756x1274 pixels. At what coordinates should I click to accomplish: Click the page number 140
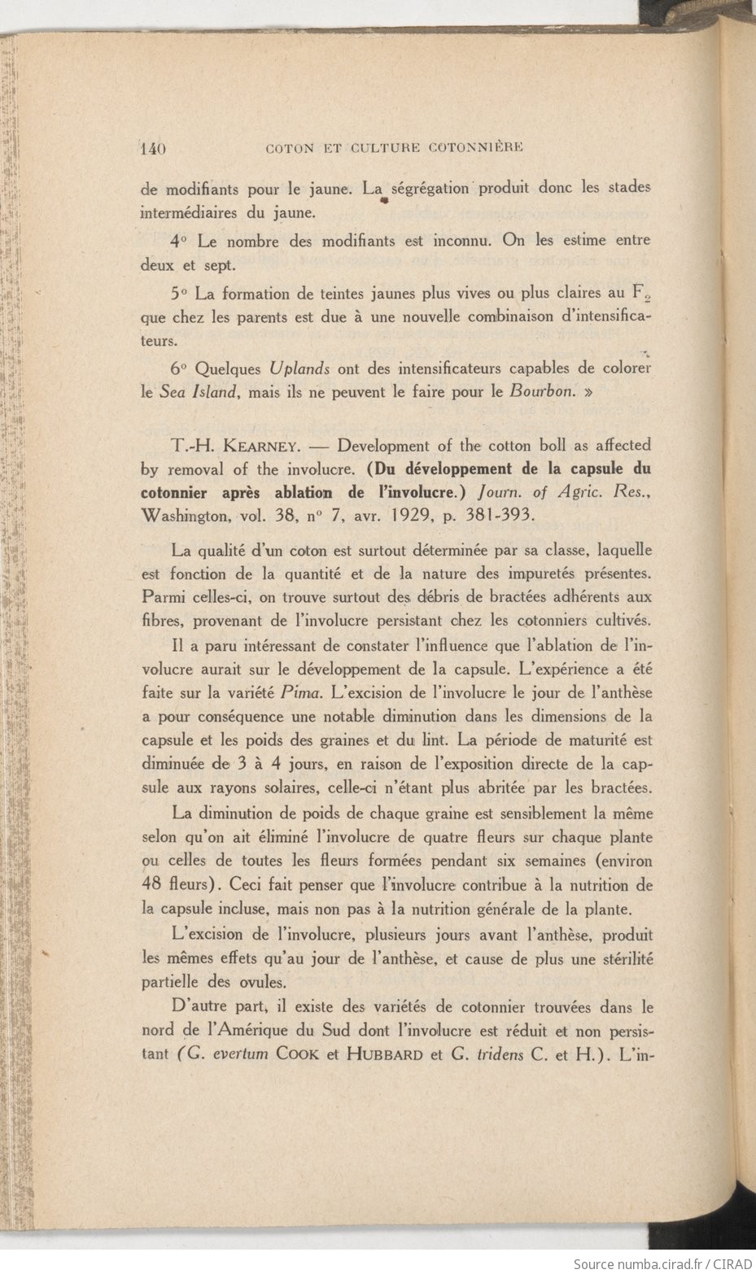153,149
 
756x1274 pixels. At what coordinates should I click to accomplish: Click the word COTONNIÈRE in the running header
474,148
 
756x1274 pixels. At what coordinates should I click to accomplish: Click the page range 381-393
494,515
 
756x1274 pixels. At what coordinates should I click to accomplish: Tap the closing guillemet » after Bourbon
588,390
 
